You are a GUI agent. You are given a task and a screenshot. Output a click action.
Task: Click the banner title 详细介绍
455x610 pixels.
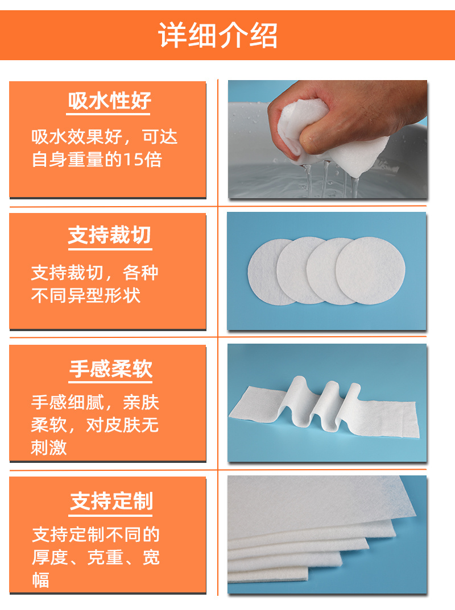pyautogui.click(x=217, y=35)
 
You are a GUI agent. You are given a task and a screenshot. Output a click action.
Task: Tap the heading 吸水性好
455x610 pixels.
pyautogui.click(x=109, y=101)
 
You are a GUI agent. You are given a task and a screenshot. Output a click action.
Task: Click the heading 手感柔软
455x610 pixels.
pyautogui.click(x=111, y=369)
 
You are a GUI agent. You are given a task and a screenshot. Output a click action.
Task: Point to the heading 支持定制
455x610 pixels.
pyautogui.click(x=111, y=501)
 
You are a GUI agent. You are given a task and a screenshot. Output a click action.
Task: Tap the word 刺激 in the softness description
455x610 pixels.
pyautogui.click(x=49, y=448)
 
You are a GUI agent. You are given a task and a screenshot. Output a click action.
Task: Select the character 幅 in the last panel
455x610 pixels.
pyautogui.click(x=40, y=580)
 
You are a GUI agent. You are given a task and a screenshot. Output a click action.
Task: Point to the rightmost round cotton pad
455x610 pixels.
pyautogui.click(x=370, y=271)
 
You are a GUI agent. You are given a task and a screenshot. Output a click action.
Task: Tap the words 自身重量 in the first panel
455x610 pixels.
pyautogui.click(x=68, y=160)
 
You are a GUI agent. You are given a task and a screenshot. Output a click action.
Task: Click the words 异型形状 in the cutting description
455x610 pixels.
pyautogui.click(x=104, y=296)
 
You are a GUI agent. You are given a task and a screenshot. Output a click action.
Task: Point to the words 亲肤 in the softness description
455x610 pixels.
pyautogui.click(x=141, y=402)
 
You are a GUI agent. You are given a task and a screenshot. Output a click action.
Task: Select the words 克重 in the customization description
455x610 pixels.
pyautogui.click(x=105, y=558)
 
